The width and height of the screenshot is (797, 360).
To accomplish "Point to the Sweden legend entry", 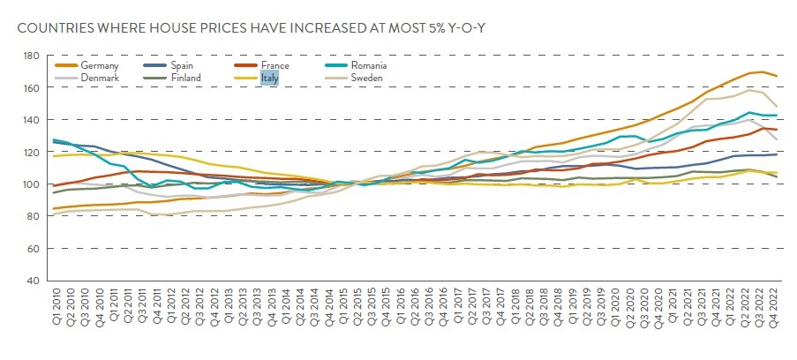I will point(367,78).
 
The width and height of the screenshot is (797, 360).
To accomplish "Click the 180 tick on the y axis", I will point(33,56).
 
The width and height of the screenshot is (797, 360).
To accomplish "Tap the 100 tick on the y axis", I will point(33,184).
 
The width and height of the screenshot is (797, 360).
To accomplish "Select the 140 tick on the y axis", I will point(33,120).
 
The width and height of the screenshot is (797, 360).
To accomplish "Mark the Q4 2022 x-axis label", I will point(775,310).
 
